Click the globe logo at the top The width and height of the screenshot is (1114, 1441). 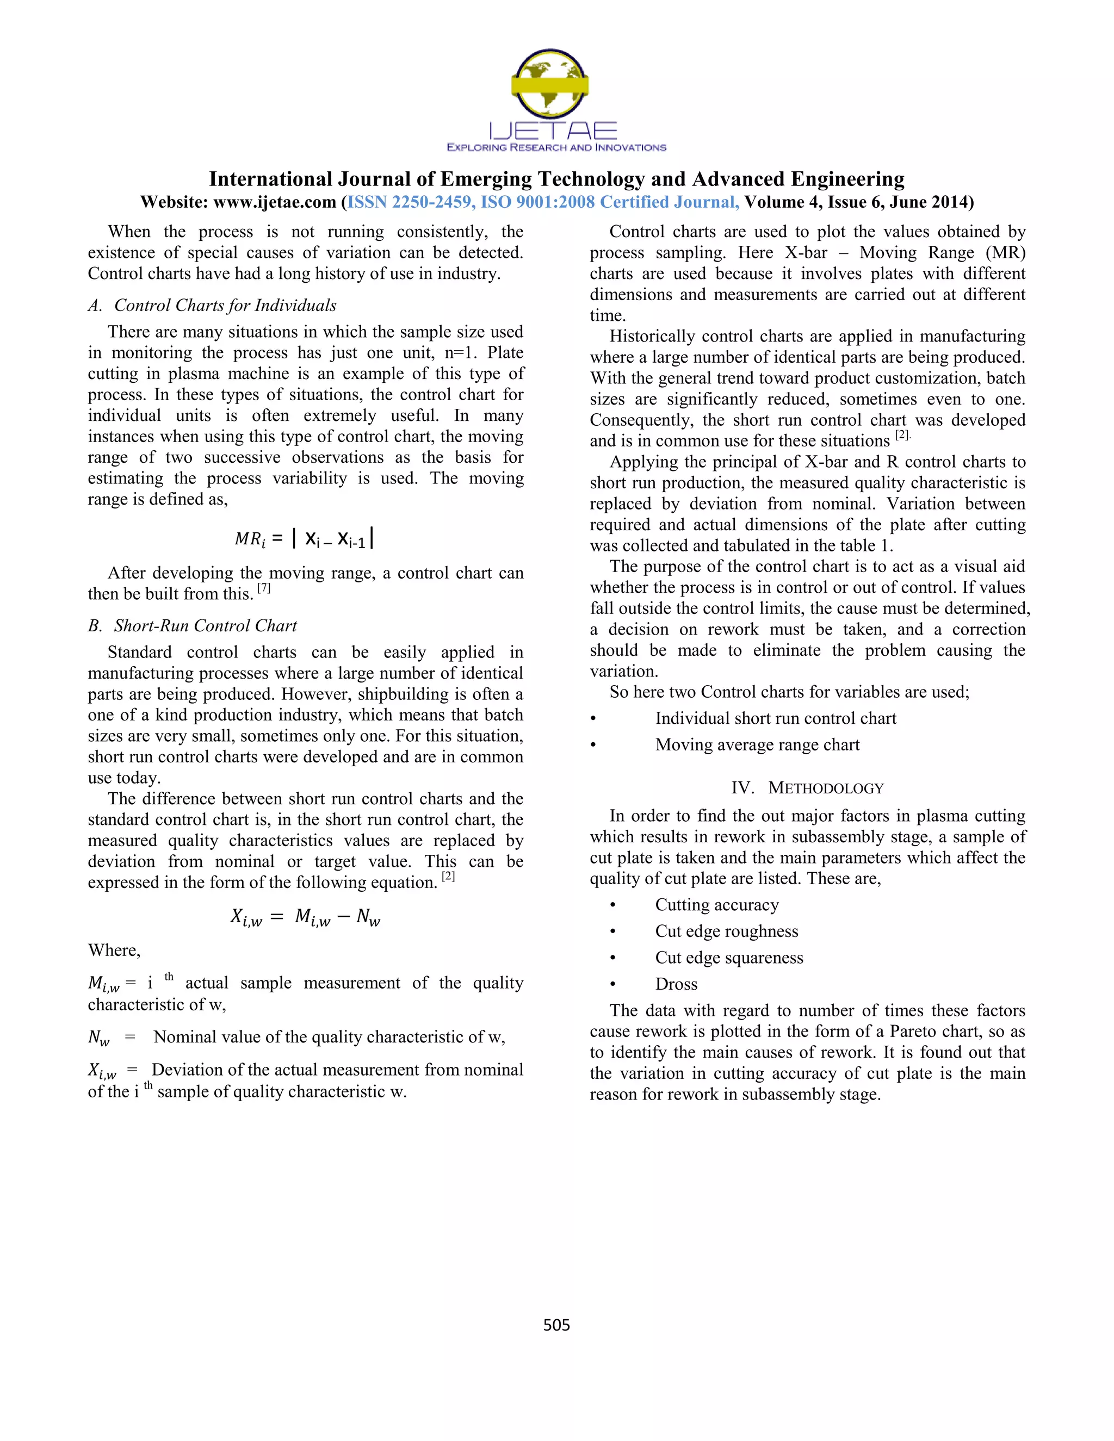550,84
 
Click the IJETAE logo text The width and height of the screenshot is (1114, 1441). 553,130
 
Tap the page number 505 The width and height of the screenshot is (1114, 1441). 556,1325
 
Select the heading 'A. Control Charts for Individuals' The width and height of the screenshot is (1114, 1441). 213,306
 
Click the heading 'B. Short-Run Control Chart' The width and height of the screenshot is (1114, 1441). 193,625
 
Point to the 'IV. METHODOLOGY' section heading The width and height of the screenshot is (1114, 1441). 807,788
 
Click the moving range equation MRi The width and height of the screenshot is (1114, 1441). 305,538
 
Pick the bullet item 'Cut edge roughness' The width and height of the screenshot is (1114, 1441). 726,931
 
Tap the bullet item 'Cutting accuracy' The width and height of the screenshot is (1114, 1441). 717,905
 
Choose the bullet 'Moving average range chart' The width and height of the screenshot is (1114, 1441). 757,745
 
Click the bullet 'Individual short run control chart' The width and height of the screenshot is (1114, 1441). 776,718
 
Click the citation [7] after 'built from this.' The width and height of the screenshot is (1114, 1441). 264,588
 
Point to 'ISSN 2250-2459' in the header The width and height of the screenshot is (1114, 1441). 409,202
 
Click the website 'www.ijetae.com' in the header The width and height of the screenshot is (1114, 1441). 274,202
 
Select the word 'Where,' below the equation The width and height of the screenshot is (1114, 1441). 114,950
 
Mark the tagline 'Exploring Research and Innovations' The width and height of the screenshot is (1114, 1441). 556,148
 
